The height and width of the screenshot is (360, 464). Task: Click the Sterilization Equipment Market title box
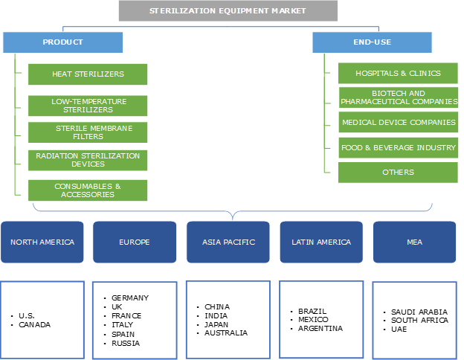[228, 11]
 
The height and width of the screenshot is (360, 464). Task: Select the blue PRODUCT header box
[62, 42]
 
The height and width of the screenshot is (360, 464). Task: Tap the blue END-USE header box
[372, 42]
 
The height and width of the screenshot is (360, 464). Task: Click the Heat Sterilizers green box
[88, 74]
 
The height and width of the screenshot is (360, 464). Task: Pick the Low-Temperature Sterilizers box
[88, 106]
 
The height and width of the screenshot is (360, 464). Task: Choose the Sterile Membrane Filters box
[88, 132]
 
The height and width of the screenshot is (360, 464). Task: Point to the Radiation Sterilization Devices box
[88, 160]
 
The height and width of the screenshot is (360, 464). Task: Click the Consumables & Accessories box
[88, 190]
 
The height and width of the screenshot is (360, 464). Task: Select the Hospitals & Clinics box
[398, 74]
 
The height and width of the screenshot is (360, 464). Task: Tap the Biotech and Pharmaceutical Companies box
[398, 97]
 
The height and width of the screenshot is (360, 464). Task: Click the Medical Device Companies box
[398, 123]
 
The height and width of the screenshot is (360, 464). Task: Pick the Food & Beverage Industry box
[398, 147]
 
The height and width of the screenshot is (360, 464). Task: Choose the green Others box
[398, 173]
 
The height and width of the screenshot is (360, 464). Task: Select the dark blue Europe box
[135, 242]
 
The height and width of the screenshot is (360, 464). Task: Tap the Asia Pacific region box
[228, 242]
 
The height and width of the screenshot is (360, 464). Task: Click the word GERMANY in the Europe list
[130, 298]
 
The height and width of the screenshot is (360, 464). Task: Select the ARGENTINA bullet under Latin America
[320, 328]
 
